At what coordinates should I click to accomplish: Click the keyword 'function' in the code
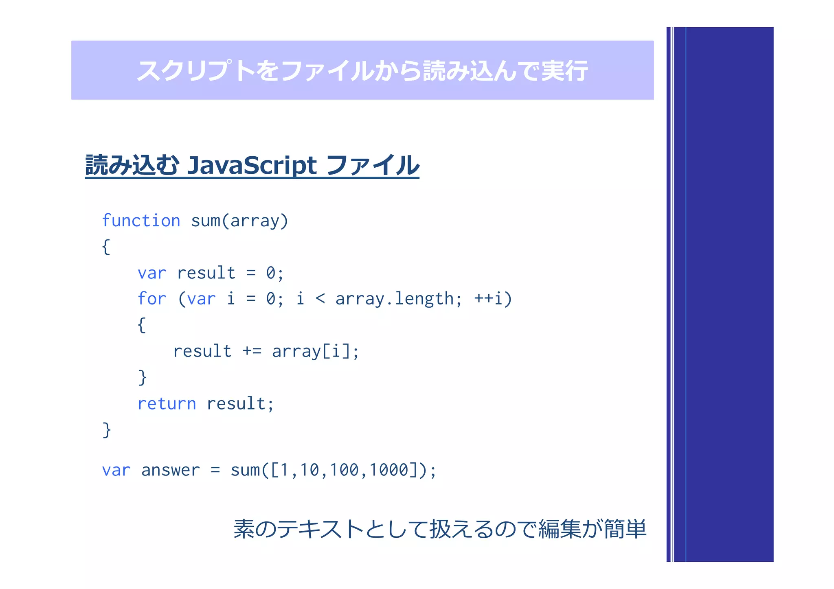tap(141, 221)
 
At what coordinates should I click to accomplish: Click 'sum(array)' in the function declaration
tap(239, 221)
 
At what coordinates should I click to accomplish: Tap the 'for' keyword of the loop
tap(151, 299)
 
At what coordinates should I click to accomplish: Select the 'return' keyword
tap(167, 403)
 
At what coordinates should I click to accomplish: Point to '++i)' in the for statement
tap(493, 299)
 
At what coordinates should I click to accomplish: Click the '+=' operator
tap(252, 351)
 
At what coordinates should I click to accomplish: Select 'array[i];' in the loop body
tap(315, 351)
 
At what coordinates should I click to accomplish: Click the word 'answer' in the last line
tap(170, 470)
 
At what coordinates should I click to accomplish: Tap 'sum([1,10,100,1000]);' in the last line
tap(333, 470)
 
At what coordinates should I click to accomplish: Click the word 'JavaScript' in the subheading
tap(251, 165)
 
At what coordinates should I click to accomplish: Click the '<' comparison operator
tap(320, 299)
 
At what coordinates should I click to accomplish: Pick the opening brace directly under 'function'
tap(106, 247)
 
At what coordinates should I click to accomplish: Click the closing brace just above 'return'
tap(142, 377)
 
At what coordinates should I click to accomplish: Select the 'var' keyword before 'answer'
tap(116, 470)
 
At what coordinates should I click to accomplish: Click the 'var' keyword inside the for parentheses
tap(201, 299)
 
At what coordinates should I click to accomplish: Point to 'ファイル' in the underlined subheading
tap(372, 165)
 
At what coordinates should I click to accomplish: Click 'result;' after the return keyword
tap(240, 403)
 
